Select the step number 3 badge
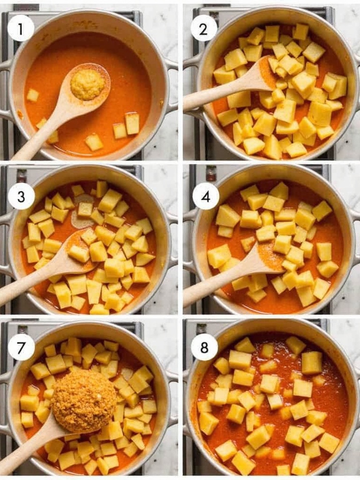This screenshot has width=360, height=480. [21, 196]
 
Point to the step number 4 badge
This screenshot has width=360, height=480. [206, 196]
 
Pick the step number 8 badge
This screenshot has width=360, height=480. [204, 347]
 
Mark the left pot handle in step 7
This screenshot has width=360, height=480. [6, 402]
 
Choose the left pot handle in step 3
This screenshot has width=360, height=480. [6, 242]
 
